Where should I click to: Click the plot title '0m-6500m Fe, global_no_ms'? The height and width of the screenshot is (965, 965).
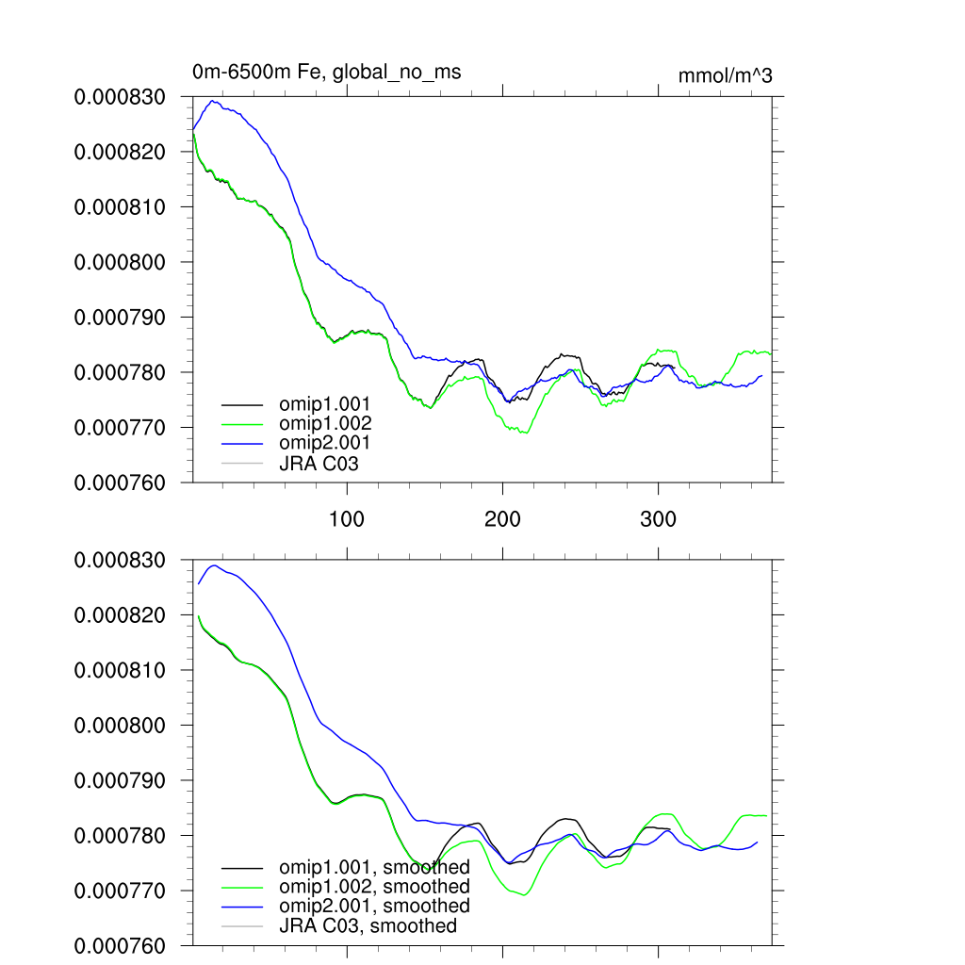tap(326, 72)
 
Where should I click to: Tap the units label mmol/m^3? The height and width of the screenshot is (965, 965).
tap(725, 76)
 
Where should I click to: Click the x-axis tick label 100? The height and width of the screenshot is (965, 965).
tap(347, 519)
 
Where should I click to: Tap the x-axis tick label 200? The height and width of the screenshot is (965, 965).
tap(502, 519)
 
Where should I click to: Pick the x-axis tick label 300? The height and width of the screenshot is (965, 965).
tap(658, 519)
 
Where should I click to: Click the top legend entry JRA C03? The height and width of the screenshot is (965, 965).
tap(319, 463)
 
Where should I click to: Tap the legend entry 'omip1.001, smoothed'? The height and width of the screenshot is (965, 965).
tap(374, 867)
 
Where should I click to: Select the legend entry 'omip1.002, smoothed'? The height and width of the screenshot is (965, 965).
tap(374, 887)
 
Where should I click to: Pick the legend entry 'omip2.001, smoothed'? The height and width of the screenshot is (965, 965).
tap(374, 906)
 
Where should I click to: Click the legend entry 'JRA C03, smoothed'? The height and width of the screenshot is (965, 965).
tap(368, 926)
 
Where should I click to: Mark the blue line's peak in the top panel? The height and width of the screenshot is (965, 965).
tap(212, 101)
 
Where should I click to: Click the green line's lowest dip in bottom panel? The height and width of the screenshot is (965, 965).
tap(524, 895)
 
